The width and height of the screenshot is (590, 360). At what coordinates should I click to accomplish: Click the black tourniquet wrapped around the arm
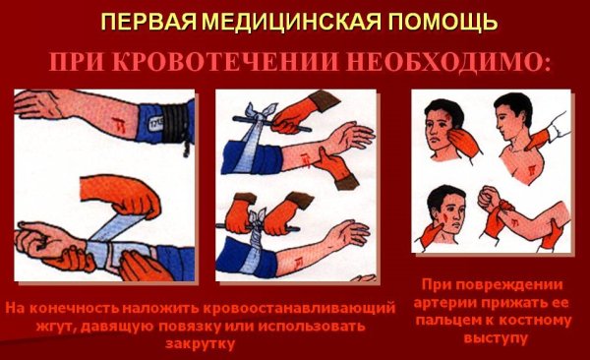click(x=174, y=122)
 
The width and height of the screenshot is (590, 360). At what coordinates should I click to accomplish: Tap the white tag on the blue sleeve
click(x=155, y=123)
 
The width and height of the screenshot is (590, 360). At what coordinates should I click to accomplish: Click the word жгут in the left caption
click(x=56, y=327)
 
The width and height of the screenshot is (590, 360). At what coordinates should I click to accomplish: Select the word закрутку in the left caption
click(x=200, y=342)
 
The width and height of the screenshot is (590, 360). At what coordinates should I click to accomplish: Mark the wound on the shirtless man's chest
click(x=531, y=170)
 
